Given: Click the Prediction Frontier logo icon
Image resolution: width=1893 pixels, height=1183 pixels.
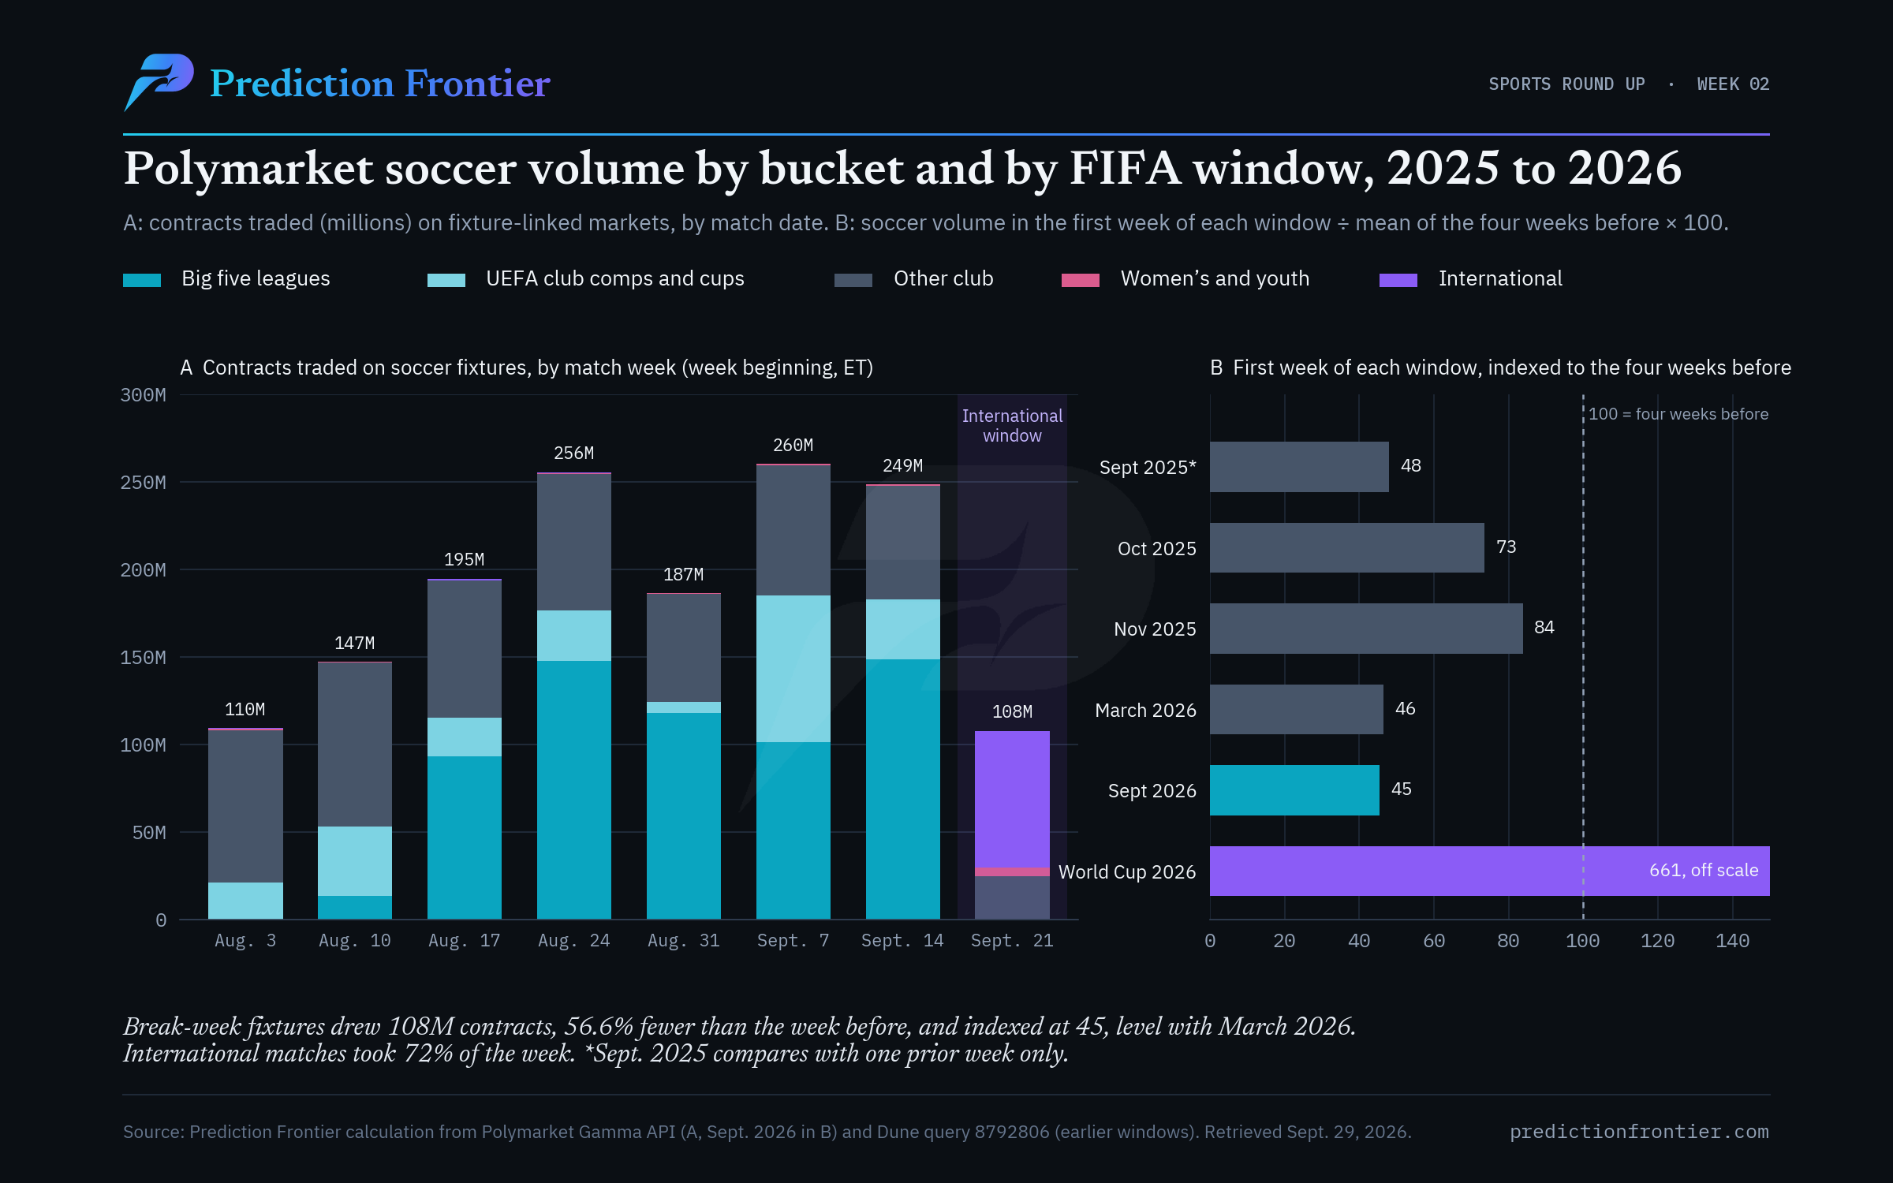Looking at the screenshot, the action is pos(159,82).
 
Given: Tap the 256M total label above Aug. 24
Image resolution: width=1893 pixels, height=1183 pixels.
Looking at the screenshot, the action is pos(573,453).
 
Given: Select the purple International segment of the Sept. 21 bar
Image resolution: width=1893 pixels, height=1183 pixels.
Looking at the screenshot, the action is pos(1012,799).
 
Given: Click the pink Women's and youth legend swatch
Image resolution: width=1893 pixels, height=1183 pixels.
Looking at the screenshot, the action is pos(1081,280).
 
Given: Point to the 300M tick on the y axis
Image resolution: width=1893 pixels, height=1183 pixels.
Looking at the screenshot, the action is pos(143,395).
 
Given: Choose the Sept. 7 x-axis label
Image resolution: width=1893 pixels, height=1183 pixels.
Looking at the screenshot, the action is pos(793,940).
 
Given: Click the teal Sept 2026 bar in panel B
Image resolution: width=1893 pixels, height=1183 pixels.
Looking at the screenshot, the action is pos(1294,790).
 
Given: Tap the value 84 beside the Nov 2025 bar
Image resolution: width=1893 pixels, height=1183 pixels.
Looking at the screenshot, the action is pos(1544,628).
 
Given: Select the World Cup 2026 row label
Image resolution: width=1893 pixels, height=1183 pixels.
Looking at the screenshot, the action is pos(1127,871).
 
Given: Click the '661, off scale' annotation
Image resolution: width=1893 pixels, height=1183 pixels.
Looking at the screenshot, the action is pos(1704,870).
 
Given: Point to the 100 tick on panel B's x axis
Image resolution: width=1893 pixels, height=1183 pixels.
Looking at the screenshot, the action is pos(1582,941).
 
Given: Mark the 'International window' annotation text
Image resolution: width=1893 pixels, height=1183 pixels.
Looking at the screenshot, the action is pos(1012,426).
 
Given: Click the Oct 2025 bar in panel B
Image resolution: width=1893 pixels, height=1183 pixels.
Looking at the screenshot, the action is pos(1347,547).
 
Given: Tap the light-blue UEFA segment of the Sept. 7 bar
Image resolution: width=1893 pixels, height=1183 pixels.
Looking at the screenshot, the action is pos(793,669).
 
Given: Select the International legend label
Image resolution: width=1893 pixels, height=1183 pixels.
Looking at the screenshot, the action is pos(1500,278).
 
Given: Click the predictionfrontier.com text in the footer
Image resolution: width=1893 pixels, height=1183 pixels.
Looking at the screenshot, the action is pos(1639,1132).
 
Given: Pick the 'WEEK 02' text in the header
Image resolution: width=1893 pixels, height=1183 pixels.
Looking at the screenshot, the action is pos(1733,84).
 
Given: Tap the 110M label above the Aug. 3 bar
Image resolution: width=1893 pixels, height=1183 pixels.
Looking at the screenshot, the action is pos(245,710).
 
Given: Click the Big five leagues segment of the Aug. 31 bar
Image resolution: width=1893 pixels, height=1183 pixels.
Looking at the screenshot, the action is pos(683,816).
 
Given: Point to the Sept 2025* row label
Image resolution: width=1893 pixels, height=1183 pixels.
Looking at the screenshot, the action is pos(1148,468).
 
